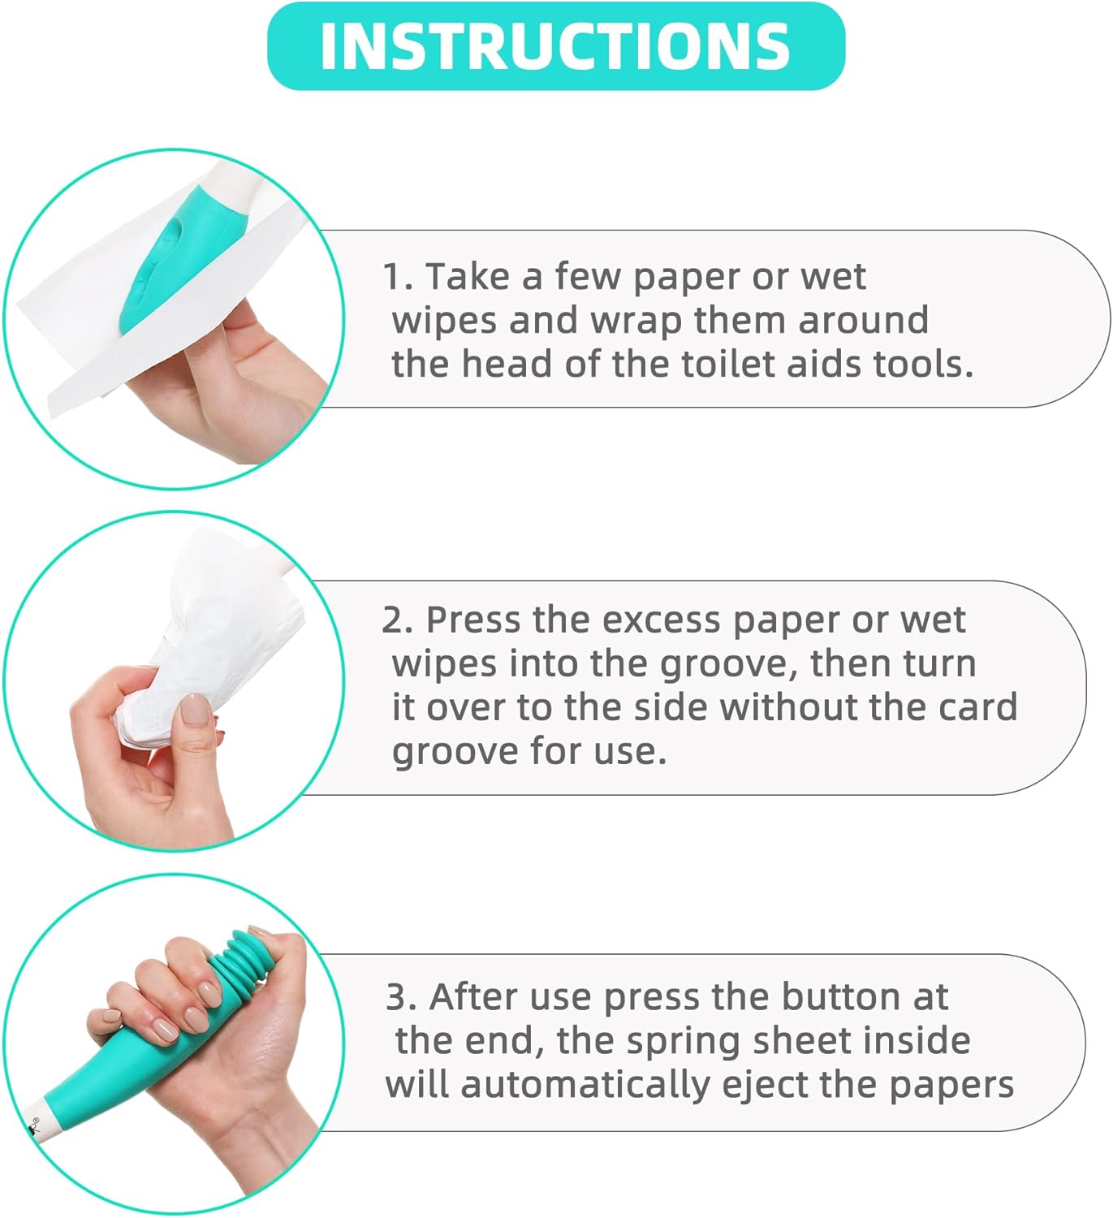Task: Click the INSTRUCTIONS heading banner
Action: (556, 46)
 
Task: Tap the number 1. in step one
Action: (397, 277)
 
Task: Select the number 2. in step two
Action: (397, 620)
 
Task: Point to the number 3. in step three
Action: (401, 997)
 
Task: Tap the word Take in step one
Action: (468, 277)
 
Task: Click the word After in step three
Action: (472, 997)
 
